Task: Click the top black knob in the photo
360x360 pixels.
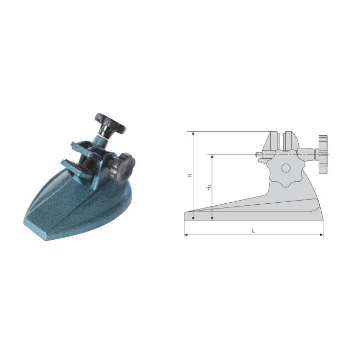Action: (110, 123)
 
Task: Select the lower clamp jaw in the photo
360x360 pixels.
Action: (76, 166)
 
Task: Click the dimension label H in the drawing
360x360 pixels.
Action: (190, 176)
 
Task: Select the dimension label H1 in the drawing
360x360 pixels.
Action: (209, 187)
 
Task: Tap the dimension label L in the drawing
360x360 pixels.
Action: (253, 231)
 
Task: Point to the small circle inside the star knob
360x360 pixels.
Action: (285, 168)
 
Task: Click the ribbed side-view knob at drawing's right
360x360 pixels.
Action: (322, 154)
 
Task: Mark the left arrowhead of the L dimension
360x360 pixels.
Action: (186, 235)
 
